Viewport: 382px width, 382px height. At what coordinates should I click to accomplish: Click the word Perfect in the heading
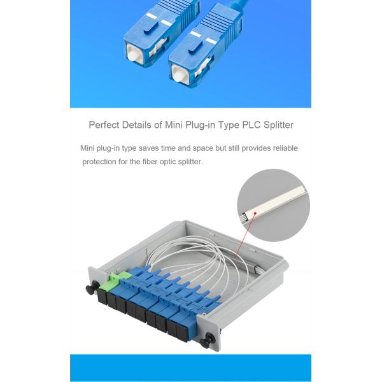click(103, 125)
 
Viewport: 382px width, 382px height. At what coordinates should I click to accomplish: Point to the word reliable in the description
click(282, 148)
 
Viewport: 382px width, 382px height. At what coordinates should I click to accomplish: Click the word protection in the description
click(100, 162)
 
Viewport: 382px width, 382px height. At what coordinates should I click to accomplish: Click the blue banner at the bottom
click(190, 367)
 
